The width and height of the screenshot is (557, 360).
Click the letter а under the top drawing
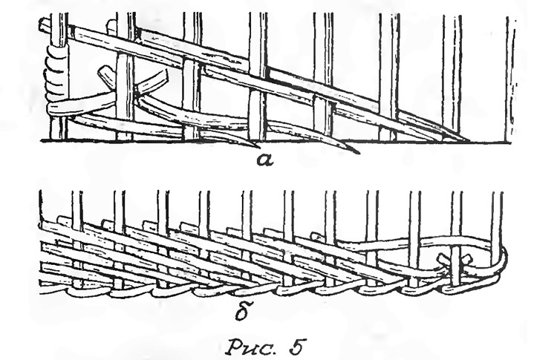coord(265,161)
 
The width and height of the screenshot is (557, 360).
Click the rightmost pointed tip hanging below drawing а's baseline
coord(352,150)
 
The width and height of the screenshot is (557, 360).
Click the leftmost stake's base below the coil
coord(58,127)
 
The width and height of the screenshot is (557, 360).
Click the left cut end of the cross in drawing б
coord(443,258)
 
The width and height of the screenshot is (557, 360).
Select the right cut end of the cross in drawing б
coord(467,260)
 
